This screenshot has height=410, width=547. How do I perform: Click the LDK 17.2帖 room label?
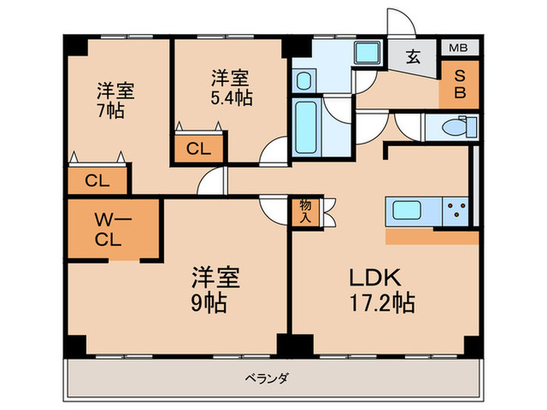pyautogui.click(x=381, y=289)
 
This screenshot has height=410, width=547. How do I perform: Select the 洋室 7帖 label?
pyautogui.click(x=115, y=100)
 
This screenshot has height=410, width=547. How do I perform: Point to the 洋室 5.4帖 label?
pyautogui.click(x=231, y=87)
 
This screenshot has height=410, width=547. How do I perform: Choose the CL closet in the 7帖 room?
pyautogui.click(x=97, y=181)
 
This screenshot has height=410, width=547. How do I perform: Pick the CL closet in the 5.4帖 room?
pyautogui.click(x=199, y=149)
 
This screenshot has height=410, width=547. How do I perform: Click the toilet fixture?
pyautogui.click(x=453, y=127)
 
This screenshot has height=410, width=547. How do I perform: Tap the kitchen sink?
pyautogui.click(x=411, y=212)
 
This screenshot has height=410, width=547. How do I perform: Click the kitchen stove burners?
pyautogui.click(x=456, y=212)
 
